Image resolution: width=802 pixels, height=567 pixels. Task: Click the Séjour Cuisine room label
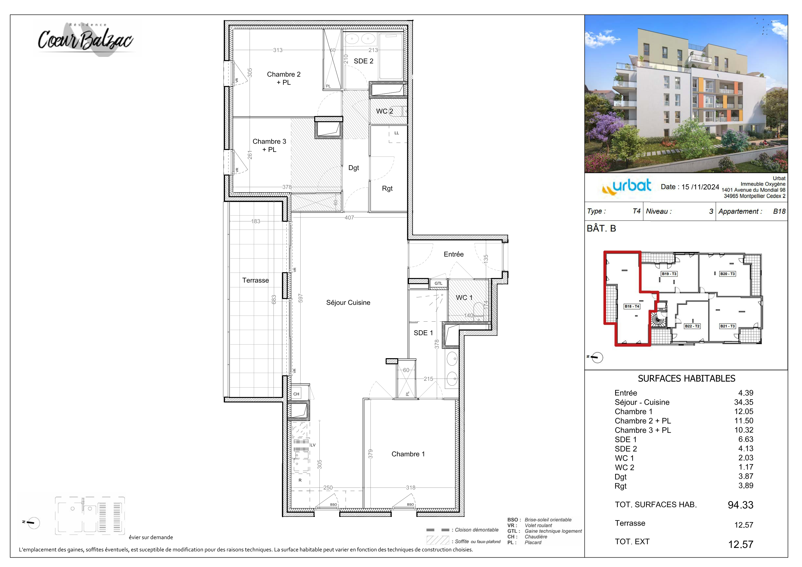click(348, 303)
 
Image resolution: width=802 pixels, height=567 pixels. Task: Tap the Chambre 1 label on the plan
click(408, 454)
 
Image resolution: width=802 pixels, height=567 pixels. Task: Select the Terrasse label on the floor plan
click(255, 280)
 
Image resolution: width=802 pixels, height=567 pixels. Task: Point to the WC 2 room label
click(384, 111)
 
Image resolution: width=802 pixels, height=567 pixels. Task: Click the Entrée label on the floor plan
click(454, 254)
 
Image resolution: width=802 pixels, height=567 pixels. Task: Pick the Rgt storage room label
click(387, 188)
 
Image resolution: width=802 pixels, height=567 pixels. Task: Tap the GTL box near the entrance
click(438, 283)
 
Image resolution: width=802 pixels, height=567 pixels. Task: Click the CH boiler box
click(296, 394)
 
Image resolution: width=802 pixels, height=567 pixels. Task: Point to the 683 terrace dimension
click(274, 299)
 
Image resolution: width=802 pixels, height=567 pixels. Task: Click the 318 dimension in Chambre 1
click(411, 487)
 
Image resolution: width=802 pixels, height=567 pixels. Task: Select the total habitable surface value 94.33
click(740, 505)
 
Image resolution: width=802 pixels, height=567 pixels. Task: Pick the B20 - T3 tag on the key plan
click(727, 273)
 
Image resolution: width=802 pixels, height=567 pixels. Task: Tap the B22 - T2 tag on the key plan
click(692, 326)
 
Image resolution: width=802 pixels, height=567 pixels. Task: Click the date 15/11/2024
click(700, 187)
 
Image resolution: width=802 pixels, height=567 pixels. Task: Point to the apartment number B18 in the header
click(779, 211)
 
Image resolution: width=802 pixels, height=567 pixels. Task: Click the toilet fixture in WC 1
click(478, 311)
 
